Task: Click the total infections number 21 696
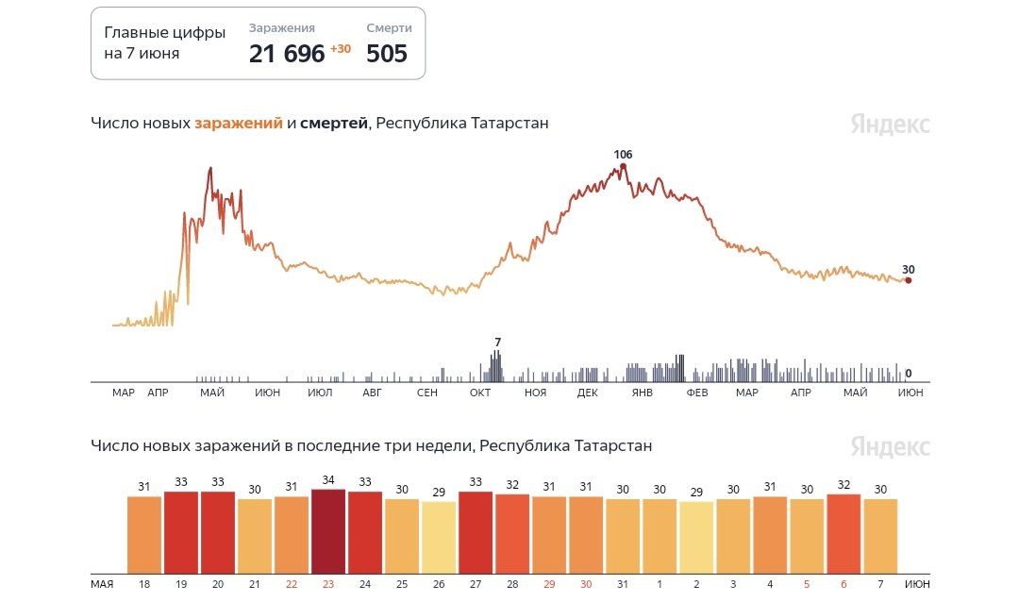(287, 54)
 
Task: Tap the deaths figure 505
(387, 54)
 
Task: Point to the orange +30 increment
(340, 49)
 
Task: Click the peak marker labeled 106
(623, 166)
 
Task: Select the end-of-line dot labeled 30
(908, 280)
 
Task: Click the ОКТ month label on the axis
(481, 393)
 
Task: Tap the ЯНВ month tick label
(643, 393)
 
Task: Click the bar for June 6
(844, 533)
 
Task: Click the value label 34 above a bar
(328, 481)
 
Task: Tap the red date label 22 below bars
(292, 584)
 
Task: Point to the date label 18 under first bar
(144, 584)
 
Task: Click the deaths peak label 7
(497, 342)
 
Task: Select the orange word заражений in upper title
(239, 124)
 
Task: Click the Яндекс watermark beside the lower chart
(890, 446)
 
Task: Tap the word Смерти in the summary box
(389, 28)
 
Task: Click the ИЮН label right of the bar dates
(916, 584)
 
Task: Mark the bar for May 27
(476, 532)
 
